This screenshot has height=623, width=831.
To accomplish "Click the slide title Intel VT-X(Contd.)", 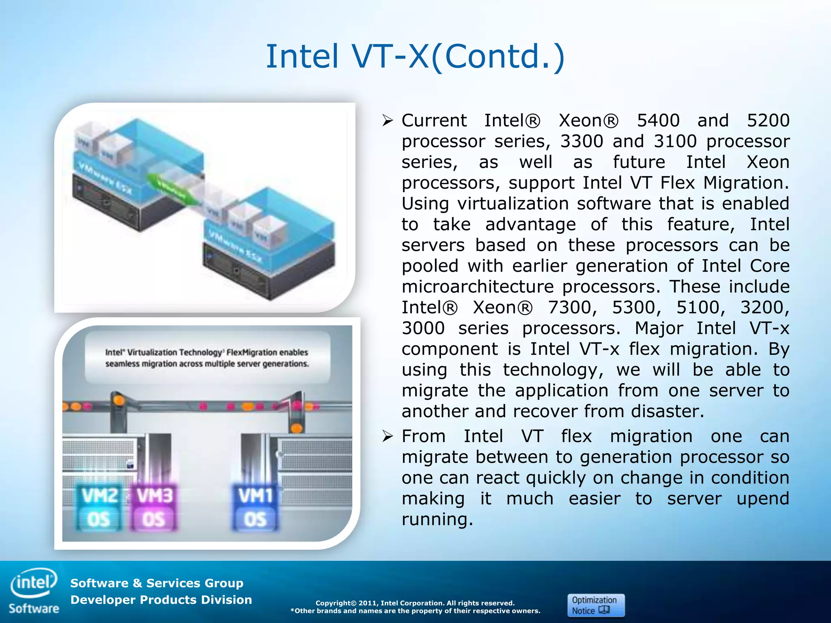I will pos(415,57).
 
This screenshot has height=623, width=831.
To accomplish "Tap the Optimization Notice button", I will pos(595,605).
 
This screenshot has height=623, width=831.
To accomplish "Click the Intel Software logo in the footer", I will pos(34,591).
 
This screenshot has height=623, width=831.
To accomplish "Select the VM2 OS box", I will pos(99,507).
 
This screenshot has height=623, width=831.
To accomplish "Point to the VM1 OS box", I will pos(255,507).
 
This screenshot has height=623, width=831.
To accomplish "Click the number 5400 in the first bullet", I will pos(658,120).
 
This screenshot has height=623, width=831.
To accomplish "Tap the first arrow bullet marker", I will pos(388,120).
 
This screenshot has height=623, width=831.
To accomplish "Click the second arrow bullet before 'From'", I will pos(388,436).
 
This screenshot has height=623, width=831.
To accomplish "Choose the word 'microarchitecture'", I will pos(478,287).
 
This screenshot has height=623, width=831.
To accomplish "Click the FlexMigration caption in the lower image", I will pos(207,358).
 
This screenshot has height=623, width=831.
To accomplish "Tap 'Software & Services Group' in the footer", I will pos(157,583).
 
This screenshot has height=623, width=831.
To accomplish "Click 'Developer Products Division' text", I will pos(161,599).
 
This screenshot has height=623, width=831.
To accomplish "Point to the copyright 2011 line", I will pos(415,603).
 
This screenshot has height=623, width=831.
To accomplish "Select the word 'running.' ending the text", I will pos(437,520).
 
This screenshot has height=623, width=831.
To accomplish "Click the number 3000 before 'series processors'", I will pos(423,328).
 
